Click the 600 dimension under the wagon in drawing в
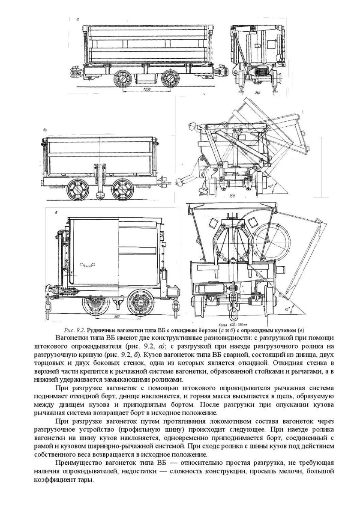pos(117,317)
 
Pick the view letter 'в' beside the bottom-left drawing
pos(51,213)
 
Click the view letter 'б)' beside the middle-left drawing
pos(45,128)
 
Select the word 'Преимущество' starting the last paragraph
pos(78,463)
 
